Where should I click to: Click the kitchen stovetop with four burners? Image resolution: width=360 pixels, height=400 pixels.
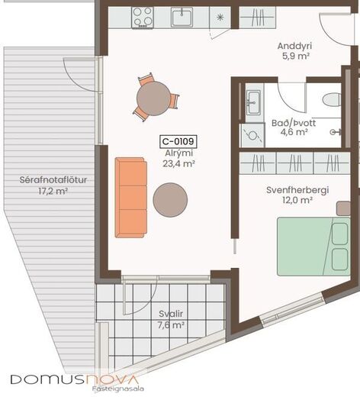tap(143, 17)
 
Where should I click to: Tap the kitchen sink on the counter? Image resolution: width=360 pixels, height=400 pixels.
tap(182, 17)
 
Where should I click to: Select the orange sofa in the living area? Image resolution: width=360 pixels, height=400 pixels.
tap(131, 198)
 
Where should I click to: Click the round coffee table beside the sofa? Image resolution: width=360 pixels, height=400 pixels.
tap(170, 200)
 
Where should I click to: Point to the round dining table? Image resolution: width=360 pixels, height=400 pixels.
tap(153, 98)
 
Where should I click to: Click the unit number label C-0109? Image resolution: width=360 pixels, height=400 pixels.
tap(178, 141)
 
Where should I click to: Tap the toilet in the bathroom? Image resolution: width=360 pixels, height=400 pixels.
tap(332, 99)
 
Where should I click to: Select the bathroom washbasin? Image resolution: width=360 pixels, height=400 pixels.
tap(254, 103)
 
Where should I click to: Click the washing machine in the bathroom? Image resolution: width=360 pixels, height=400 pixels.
tap(252, 135)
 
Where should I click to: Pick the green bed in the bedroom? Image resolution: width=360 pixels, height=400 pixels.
tap(313, 247)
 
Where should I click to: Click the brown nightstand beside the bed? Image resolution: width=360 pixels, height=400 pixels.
tap(343, 208)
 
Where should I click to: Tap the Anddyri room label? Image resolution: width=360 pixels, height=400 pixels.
tap(294, 46)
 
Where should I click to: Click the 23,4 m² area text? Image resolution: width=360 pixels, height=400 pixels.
tap(179, 163)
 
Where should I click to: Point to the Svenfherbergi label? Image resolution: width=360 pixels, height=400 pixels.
tap(297, 190)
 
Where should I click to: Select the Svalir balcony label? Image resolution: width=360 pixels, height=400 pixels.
tap(171, 314)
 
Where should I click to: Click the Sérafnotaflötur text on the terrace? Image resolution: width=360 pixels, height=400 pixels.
tap(53, 180)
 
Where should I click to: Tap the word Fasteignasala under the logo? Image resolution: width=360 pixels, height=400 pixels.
tap(117, 389)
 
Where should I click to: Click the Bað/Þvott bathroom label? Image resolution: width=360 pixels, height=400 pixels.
tap(294, 123)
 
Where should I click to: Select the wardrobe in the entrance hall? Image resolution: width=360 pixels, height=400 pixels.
tap(258, 18)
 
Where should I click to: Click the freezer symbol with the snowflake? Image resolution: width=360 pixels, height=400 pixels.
tap(220, 18)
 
